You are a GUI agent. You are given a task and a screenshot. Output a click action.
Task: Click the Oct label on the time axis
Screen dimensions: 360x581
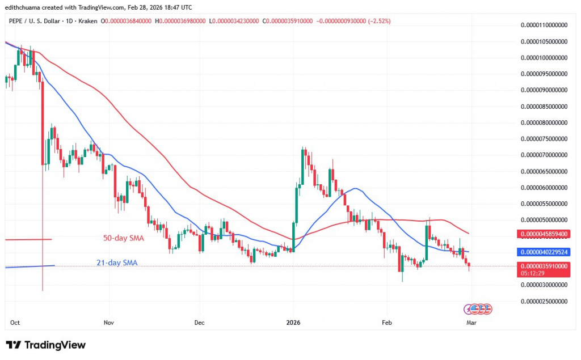click(15, 322)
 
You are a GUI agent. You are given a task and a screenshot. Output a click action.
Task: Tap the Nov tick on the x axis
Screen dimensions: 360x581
click(109, 322)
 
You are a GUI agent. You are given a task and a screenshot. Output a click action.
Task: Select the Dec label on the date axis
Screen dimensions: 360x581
click(199, 322)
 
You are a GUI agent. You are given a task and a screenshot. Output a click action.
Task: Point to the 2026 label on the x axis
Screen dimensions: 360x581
click(294, 322)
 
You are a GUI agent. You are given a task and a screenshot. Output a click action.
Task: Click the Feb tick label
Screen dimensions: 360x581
click(387, 322)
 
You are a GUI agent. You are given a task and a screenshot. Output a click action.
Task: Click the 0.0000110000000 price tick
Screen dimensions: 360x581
click(544, 25)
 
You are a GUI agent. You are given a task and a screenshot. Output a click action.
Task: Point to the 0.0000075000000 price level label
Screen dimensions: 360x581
click(544, 138)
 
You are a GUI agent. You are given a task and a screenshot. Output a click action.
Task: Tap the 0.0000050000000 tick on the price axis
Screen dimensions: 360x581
click(544, 219)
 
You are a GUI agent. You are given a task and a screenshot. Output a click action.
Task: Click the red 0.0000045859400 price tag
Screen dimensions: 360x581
click(544, 234)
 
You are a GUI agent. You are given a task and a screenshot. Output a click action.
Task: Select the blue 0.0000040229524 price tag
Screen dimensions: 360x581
click(544, 252)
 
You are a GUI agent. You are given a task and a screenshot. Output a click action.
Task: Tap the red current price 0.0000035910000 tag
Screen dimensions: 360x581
click(544, 265)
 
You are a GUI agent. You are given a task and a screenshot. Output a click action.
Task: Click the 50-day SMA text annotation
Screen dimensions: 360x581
click(123, 238)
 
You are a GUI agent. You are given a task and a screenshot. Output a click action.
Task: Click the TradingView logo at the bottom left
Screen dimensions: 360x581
click(45, 345)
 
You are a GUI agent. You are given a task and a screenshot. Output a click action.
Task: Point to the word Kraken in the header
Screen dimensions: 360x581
click(89, 21)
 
